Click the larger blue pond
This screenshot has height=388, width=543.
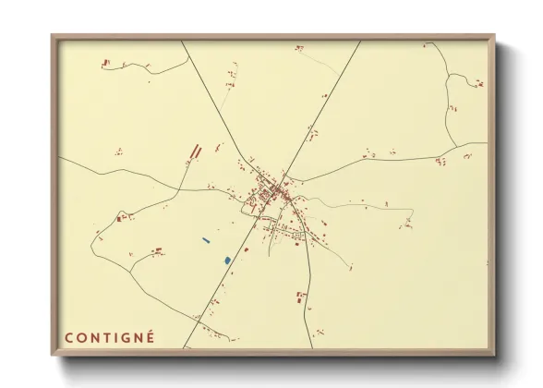(226, 261)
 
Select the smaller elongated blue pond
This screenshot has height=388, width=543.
(206, 242)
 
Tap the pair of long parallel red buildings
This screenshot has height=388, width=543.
(194, 152)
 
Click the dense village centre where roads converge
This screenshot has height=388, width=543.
(275, 192)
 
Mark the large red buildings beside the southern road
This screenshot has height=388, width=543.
(300, 297)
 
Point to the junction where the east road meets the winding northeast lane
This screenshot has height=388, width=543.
(459, 145)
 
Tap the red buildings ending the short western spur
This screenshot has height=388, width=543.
(122, 218)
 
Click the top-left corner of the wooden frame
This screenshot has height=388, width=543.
(53, 36)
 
